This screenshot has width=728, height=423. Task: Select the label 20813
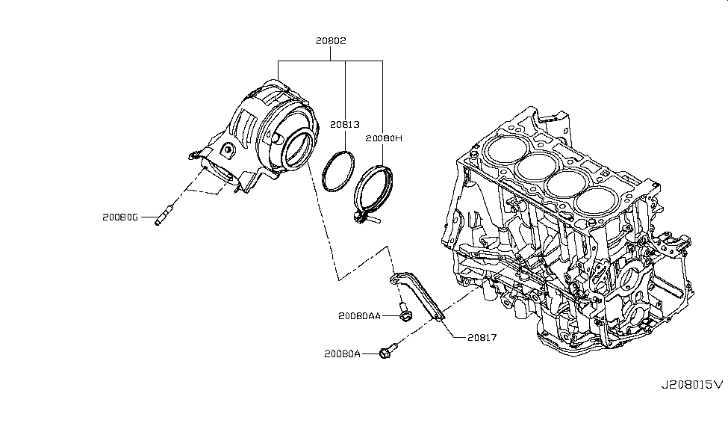click(345, 126)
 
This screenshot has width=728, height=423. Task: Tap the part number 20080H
click(384, 138)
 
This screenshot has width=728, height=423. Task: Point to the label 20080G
click(121, 218)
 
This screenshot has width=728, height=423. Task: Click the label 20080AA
click(359, 316)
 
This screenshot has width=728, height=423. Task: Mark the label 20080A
click(343, 353)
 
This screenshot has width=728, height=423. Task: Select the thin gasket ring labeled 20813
click(338, 171)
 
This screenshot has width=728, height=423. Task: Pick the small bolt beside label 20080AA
click(404, 313)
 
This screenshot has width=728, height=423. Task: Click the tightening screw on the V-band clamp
click(365, 217)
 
